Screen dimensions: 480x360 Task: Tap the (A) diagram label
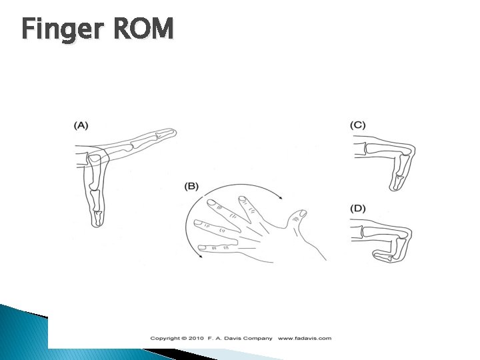pyautogui.click(x=81, y=125)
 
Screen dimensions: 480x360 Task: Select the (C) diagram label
pyautogui.click(x=358, y=125)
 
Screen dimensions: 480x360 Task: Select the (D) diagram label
pyautogui.click(x=358, y=209)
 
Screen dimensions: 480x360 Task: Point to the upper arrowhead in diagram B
pyautogui.click(x=281, y=197)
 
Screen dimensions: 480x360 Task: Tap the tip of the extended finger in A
pyautogui.click(x=173, y=133)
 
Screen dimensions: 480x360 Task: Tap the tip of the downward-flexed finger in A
pyautogui.click(x=98, y=223)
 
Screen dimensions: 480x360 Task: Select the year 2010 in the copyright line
pyautogui.click(x=193, y=338)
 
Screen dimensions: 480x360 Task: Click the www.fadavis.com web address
pyautogui.click(x=305, y=338)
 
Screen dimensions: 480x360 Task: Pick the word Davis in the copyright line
pyautogui.click(x=234, y=338)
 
